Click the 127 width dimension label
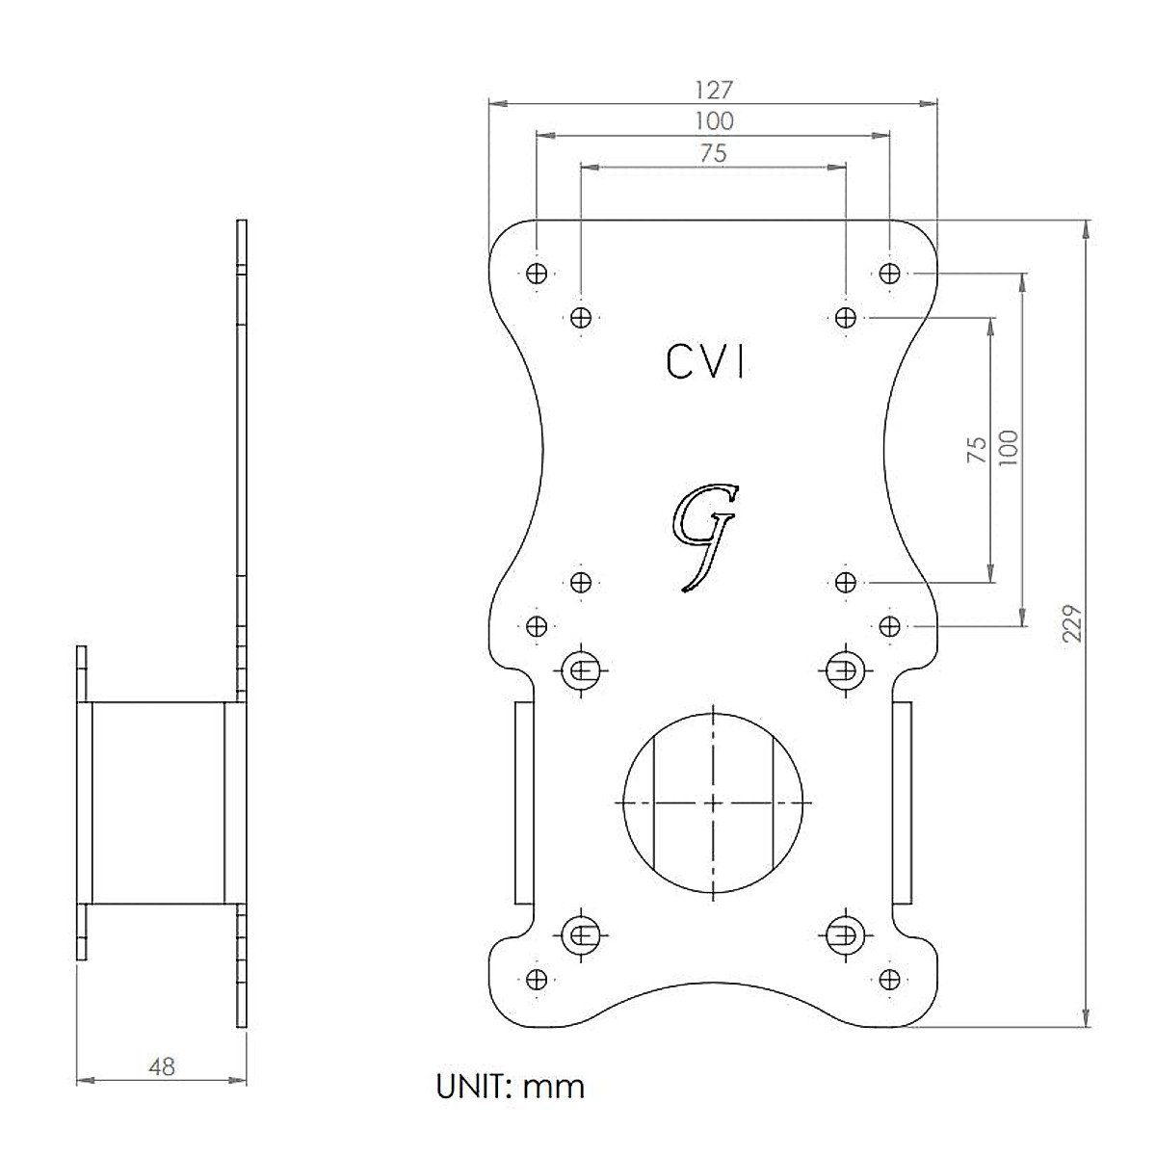click(714, 90)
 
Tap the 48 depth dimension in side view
click(162, 1066)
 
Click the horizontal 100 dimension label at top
click(714, 121)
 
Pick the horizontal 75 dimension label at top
click(714, 153)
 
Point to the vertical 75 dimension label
click(977, 450)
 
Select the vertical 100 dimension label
click(1009, 448)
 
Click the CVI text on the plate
click(706, 362)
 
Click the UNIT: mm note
click(511, 1087)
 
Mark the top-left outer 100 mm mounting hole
click(538, 274)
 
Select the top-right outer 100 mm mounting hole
click(888, 274)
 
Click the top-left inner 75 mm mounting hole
click(581, 317)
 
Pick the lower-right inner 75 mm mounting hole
click(845, 582)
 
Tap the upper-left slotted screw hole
click(582, 668)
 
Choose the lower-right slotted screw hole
click(844, 933)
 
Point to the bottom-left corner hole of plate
click(538, 979)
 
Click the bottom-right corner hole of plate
click(888, 979)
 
